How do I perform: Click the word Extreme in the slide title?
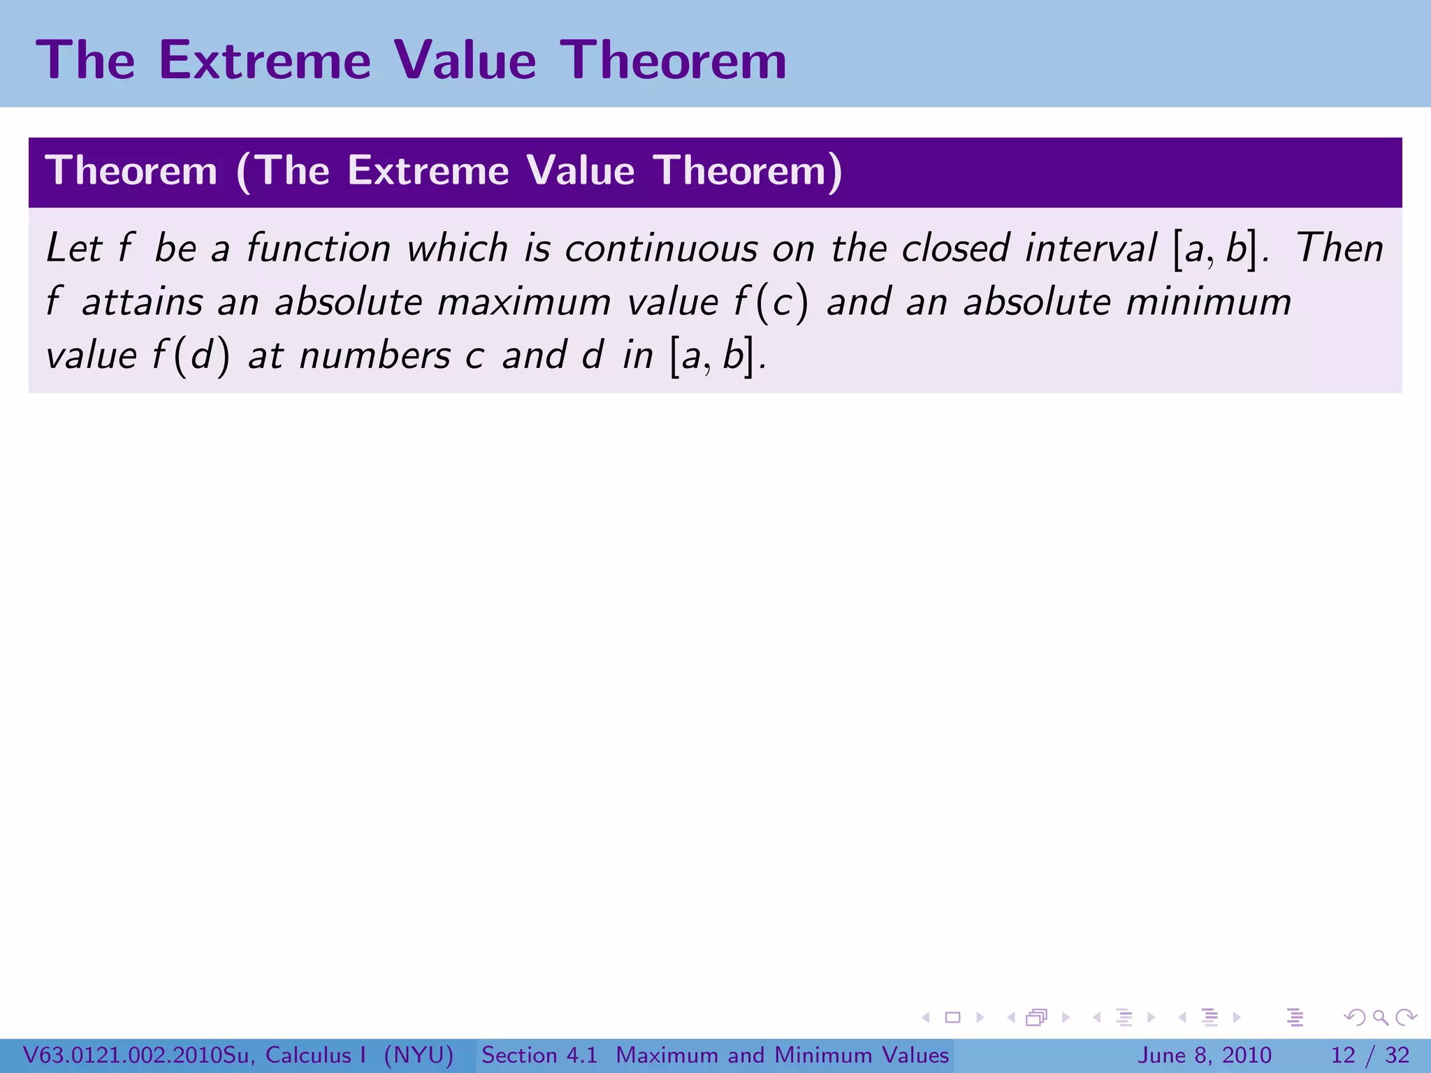pyautogui.click(x=265, y=61)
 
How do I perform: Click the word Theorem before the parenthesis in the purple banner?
pyautogui.click(x=131, y=170)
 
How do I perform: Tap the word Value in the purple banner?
pyautogui.click(x=581, y=170)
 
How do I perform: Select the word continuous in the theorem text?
pyautogui.click(x=661, y=249)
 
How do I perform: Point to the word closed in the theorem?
pyautogui.click(x=955, y=249)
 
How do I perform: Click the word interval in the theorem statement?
pyautogui.click(x=1091, y=249)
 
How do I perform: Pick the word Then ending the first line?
pyautogui.click(x=1339, y=249)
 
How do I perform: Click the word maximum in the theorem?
pyautogui.click(x=524, y=302)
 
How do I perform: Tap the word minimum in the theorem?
pyautogui.click(x=1209, y=302)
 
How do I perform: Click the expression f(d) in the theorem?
pyautogui.click(x=191, y=356)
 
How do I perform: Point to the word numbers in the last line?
pyautogui.click(x=375, y=356)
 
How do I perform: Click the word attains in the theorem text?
pyautogui.click(x=143, y=302)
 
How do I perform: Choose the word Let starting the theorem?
pyautogui.click(x=73, y=249)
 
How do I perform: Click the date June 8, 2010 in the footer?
pyautogui.click(x=1205, y=1055)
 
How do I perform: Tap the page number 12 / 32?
pyautogui.click(x=1370, y=1055)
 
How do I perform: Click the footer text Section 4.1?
pyautogui.click(x=539, y=1055)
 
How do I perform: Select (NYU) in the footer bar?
pyautogui.click(x=419, y=1055)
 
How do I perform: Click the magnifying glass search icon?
pyautogui.click(x=1380, y=1017)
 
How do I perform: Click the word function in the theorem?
pyautogui.click(x=319, y=249)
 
